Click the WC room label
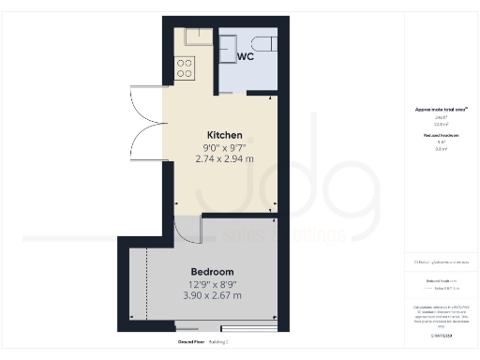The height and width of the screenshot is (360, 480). pos(246,57)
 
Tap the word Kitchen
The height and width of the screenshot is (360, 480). pos(225,135)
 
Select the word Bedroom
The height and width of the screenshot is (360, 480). pos(212,272)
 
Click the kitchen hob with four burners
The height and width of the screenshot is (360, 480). pos(185,67)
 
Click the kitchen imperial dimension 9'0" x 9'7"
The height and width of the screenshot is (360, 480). pos(225,147)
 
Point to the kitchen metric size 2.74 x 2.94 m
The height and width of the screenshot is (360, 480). pos(225,159)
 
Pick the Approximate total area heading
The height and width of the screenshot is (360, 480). pos(440,110)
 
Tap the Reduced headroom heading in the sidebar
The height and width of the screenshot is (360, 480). pos(440,136)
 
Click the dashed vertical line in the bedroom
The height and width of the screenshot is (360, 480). pos(148,285)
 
